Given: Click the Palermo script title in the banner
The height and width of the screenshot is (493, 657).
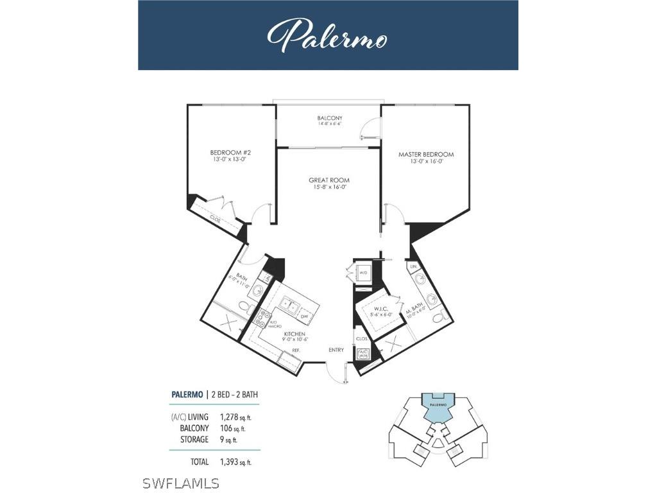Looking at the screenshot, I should tap(327, 36).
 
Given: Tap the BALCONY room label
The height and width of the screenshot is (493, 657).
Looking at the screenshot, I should tap(330, 118).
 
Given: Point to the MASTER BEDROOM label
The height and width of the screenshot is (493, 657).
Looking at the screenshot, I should tap(426, 154).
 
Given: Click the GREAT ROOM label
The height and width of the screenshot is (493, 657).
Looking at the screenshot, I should tap(328, 180).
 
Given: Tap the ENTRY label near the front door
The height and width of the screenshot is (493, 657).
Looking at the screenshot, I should tap(336, 350).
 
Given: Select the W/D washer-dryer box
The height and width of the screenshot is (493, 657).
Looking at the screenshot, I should tap(363, 272).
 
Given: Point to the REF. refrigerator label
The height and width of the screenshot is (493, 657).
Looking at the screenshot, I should tap(296, 350).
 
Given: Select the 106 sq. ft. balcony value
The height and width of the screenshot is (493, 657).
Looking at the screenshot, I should tap(232, 428).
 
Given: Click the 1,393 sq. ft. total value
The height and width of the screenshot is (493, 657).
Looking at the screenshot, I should tap(236, 462).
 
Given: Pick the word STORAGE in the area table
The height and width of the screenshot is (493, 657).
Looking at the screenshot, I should tap(194, 440).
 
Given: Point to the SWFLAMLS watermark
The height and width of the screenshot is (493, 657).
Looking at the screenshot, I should tap(181, 483).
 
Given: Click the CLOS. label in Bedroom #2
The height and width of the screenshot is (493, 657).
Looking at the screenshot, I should tap(215, 218).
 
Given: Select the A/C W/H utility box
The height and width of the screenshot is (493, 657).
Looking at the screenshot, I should tap(363, 354).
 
